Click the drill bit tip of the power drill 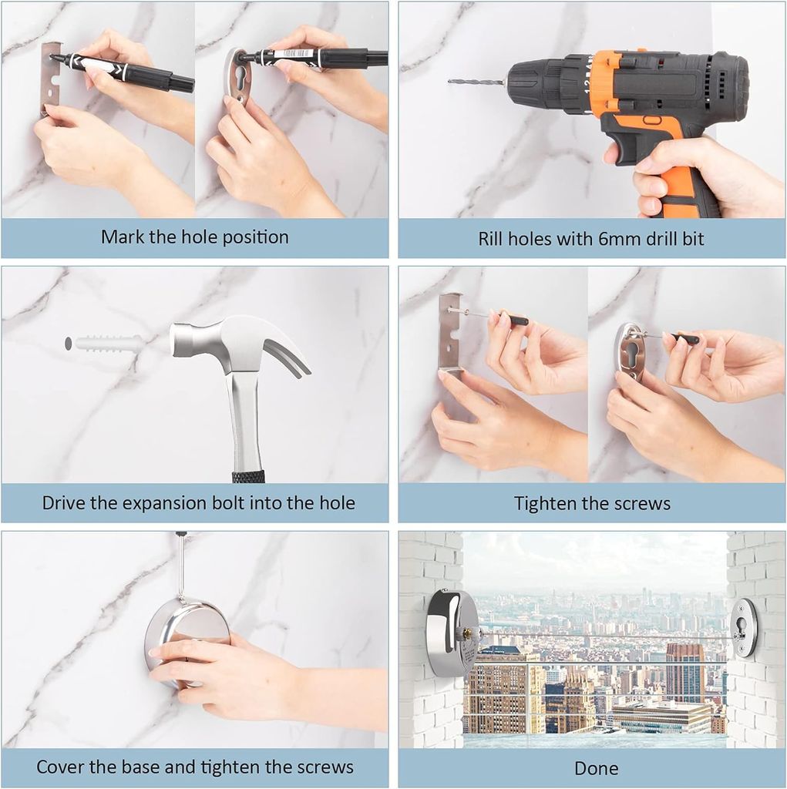(452, 81)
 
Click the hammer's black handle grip (248, 475)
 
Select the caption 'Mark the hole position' (194, 237)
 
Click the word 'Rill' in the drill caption (493, 239)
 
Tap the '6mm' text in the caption (604, 239)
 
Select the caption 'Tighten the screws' (592, 504)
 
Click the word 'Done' (596, 768)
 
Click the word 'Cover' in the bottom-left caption (61, 767)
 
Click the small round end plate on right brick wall (745, 626)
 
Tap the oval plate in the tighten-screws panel (631, 351)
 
